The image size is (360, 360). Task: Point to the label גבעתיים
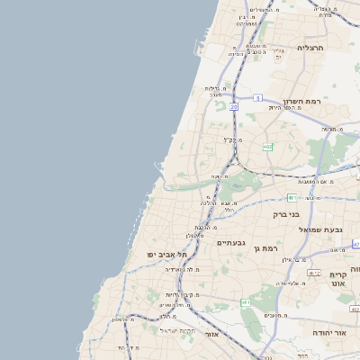pos(231,242)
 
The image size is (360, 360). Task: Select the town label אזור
pos(212,334)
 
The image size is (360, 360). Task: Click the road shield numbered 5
pos(257,97)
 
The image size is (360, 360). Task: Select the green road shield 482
pos(268,147)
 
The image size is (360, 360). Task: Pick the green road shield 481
pos(292,197)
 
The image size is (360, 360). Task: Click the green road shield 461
pos(246,303)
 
